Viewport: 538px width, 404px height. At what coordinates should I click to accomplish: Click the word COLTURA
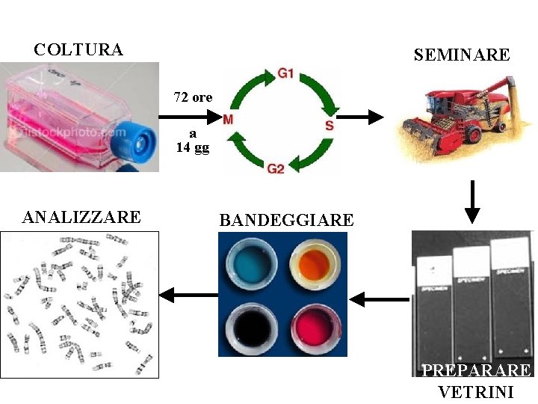point(78,50)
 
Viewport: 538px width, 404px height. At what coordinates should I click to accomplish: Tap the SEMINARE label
point(462,55)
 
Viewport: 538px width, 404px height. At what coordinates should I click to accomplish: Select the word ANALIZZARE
point(81,218)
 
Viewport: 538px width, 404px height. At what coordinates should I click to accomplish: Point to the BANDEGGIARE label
point(286,220)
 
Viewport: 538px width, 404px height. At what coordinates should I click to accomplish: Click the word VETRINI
point(476,391)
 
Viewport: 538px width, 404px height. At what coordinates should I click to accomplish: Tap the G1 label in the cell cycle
point(285,73)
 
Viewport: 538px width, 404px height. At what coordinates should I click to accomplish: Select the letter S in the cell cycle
point(330,125)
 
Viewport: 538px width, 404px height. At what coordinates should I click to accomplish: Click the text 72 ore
point(193,97)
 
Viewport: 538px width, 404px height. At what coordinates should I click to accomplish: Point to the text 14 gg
point(193,147)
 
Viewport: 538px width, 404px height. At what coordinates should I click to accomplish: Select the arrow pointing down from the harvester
point(471,201)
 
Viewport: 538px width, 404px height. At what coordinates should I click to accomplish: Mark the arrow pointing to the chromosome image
point(188,295)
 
